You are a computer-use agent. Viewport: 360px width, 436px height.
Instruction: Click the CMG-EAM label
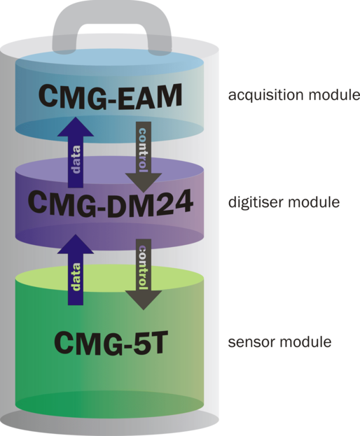[x=110, y=96]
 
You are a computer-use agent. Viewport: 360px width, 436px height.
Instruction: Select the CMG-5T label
[x=110, y=343]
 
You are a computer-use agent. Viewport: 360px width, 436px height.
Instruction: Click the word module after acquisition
[x=335, y=94]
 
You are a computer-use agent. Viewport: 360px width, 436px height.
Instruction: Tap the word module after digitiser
[x=314, y=202]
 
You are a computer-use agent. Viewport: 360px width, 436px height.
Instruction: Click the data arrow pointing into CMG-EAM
[x=76, y=152]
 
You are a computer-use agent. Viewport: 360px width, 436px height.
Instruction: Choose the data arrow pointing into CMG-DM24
[x=76, y=269]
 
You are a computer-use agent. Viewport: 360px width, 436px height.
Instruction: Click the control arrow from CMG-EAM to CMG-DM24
[x=144, y=157]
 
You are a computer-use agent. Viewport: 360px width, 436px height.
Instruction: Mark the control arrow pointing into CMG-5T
[x=144, y=274]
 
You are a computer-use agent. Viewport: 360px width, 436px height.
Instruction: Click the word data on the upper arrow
[x=76, y=160]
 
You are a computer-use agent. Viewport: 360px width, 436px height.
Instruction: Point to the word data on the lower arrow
[x=76, y=276]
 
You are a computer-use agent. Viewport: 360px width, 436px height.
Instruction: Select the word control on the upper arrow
[x=142, y=150]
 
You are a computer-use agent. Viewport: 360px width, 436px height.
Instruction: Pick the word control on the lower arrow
[x=142, y=267]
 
